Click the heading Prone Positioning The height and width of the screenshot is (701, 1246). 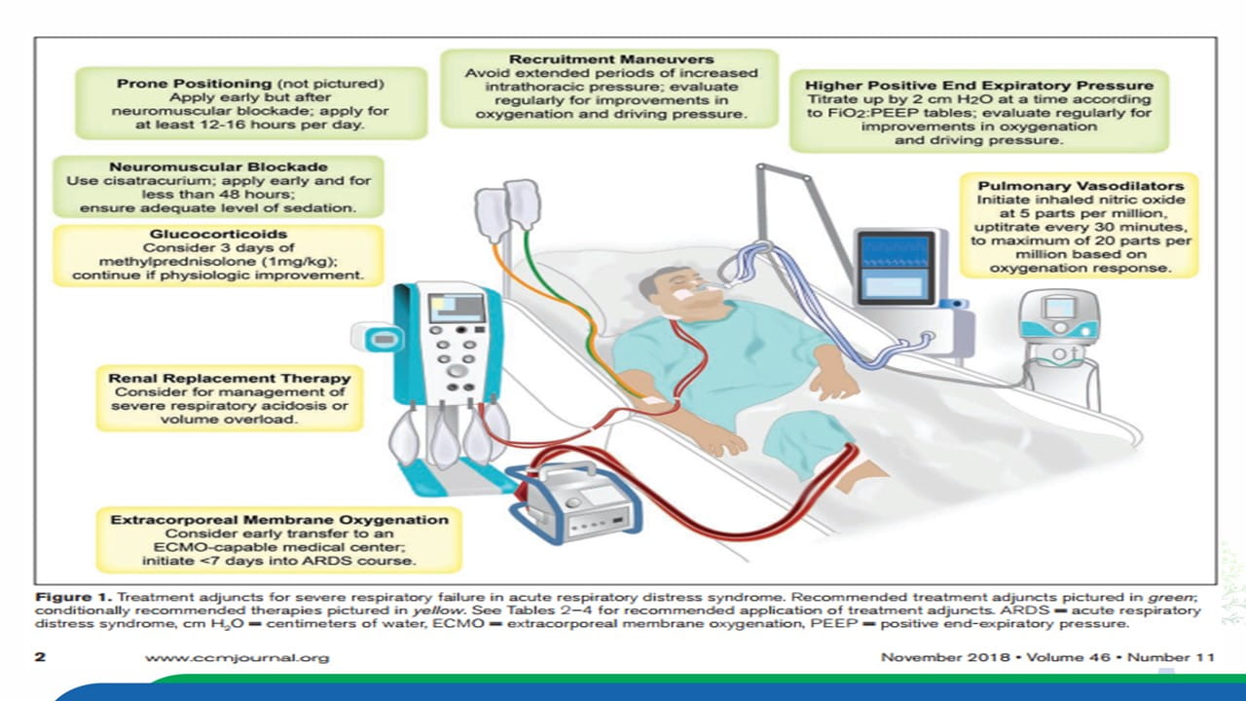tap(194, 84)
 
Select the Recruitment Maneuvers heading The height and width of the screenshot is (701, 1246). tap(610, 59)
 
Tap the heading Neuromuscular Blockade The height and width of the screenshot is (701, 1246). tap(218, 166)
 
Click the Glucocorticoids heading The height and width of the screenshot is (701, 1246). tap(218, 235)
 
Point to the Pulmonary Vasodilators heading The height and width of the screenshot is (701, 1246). tap(1081, 186)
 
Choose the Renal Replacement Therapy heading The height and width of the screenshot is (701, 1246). tap(229, 379)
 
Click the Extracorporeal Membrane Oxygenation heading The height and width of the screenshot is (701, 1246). tap(279, 520)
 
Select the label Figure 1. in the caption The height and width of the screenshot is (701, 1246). tap(73, 598)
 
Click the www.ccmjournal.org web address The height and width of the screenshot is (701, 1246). tap(237, 657)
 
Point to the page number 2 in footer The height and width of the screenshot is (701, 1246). tap(40, 657)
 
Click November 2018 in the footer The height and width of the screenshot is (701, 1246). tap(945, 657)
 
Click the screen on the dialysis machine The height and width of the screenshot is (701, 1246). tap(456, 309)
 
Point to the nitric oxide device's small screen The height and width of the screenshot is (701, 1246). tap(1058, 308)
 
